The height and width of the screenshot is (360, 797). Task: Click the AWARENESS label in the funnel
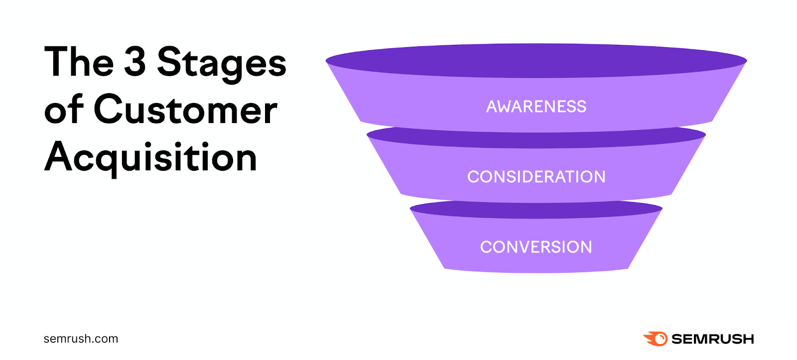536,107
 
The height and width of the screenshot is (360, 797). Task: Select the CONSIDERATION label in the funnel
536,177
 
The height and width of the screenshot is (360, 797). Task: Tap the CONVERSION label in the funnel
536,247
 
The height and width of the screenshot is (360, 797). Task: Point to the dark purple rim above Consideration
536,140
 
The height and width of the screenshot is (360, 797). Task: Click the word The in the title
79,62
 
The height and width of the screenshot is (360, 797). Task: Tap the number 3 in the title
134,62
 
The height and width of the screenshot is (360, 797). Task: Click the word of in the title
63,110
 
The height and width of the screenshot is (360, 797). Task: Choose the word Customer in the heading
185,110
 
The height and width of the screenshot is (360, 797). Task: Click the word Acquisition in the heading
150,157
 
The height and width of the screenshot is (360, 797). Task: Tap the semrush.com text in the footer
81,339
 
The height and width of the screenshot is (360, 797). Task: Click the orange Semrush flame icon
656,339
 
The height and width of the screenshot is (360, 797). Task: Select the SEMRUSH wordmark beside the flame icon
712,339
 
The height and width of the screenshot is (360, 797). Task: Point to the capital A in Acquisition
59,156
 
